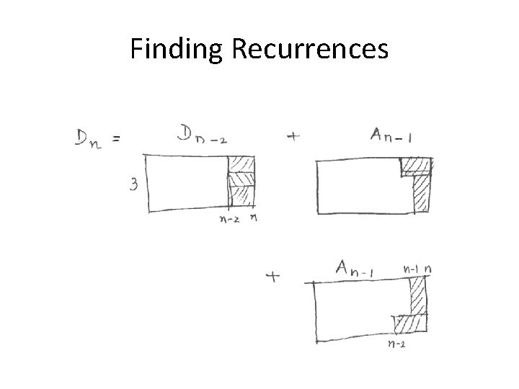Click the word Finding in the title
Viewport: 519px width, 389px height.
pyautogui.click(x=177, y=49)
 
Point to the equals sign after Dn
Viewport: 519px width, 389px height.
pyautogui.click(x=115, y=140)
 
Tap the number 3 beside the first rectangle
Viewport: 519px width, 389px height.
pyautogui.click(x=134, y=185)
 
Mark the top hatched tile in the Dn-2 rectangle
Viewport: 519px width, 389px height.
pyautogui.click(x=242, y=164)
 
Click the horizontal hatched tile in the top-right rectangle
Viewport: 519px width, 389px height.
pyautogui.click(x=416, y=166)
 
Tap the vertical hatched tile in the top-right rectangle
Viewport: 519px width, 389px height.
pyautogui.click(x=420, y=193)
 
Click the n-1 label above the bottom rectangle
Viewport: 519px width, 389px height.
pyautogui.click(x=411, y=269)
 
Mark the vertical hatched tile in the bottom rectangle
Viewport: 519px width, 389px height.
pyautogui.click(x=418, y=295)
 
